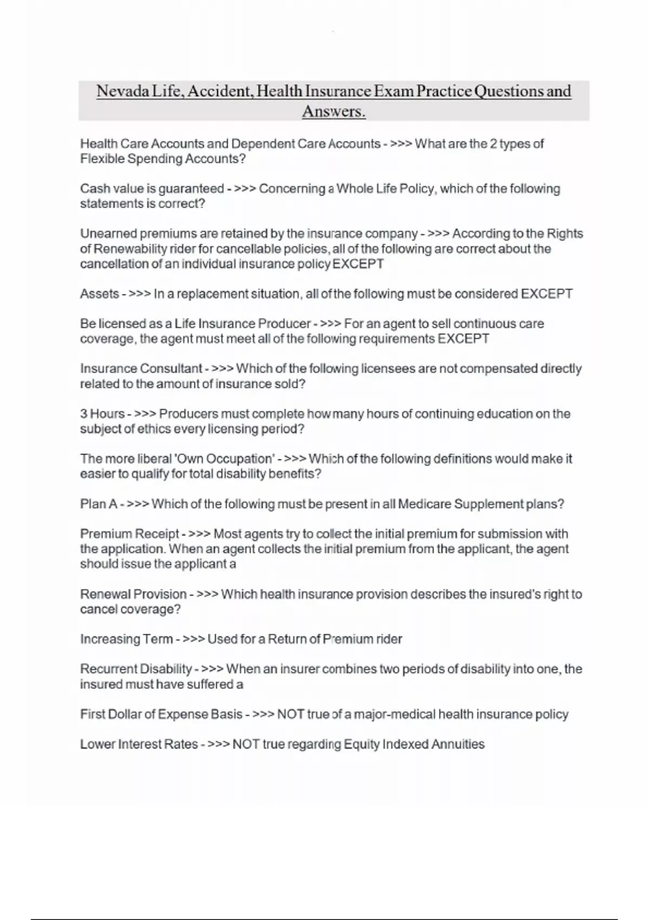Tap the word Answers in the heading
[333, 111]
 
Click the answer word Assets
[100, 294]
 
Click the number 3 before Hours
[84, 414]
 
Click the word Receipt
[157, 534]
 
